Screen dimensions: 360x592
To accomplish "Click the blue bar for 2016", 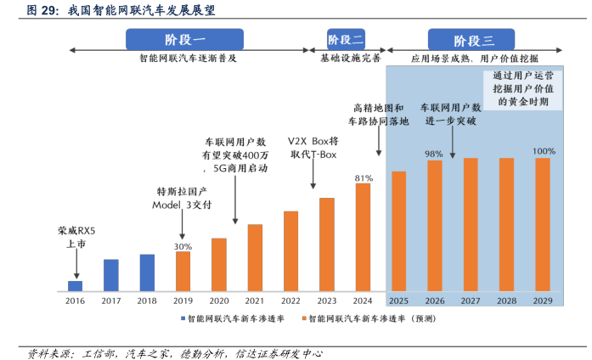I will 75,285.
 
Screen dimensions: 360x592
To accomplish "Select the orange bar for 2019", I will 183,271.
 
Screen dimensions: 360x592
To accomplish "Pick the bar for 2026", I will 434,225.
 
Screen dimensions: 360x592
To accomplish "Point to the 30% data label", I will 183,246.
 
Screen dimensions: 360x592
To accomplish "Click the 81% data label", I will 363,177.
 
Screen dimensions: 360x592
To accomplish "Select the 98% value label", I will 434,154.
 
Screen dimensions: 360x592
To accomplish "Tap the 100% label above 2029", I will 543,151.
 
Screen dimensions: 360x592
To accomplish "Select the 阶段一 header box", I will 184,40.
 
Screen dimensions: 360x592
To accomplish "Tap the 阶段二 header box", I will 346,40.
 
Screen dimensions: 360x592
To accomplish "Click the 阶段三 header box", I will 473,40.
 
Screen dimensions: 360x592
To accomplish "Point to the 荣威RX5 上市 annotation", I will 76,236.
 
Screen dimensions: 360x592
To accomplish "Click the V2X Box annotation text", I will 313,147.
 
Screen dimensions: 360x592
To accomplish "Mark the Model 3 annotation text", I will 182,198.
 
